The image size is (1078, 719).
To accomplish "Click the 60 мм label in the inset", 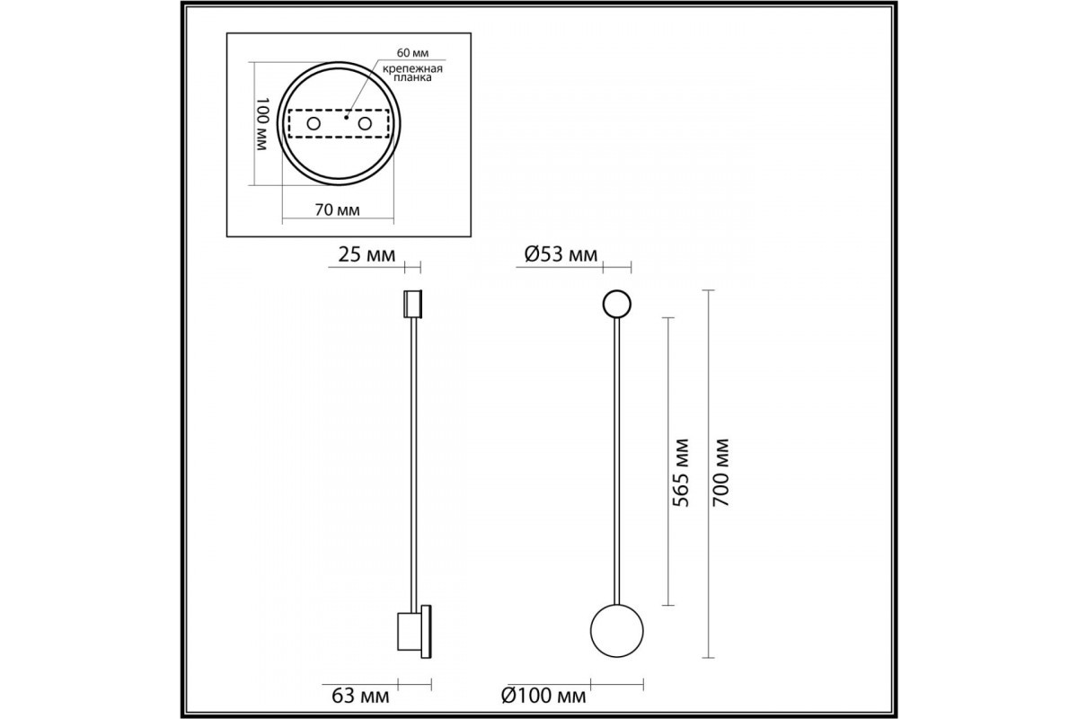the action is [412, 52].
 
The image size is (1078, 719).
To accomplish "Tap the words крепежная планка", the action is [412, 73].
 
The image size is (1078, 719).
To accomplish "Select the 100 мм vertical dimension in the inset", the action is [262, 124].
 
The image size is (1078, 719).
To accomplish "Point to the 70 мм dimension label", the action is [338, 210].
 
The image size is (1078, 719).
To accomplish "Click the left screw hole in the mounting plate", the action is [314, 124].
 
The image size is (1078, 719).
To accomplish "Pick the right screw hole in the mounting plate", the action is [365, 124].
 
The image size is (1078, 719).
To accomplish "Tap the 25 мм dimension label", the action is [367, 254].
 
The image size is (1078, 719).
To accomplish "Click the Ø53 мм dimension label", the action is [561, 254].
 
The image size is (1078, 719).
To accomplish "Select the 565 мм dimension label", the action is [681, 473].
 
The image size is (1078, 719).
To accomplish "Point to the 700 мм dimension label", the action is [720, 473].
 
